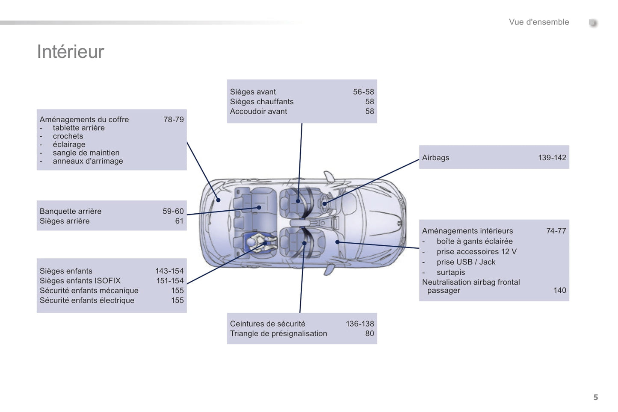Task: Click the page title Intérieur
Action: pos(71,52)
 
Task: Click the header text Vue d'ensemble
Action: pos(539,22)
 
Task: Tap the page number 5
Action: pos(595,397)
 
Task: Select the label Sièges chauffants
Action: pos(262,102)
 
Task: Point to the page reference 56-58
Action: pos(363,92)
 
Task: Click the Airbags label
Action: pos(435,158)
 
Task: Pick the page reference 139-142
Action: pos(552,158)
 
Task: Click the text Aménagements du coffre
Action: pos(84,120)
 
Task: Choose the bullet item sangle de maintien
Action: pos(86,153)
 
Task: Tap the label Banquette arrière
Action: pos(71,211)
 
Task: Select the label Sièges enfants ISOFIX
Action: pos(80,281)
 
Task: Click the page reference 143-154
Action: pos(169,271)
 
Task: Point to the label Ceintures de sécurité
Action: pos(268,324)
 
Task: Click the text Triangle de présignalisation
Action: pos(278,334)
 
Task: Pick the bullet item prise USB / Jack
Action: pos(466,262)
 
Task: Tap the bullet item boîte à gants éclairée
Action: pos(474,241)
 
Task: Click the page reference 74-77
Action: pos(556,231)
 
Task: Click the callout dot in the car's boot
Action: pos(218,200)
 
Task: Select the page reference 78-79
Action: pos(173,120)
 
